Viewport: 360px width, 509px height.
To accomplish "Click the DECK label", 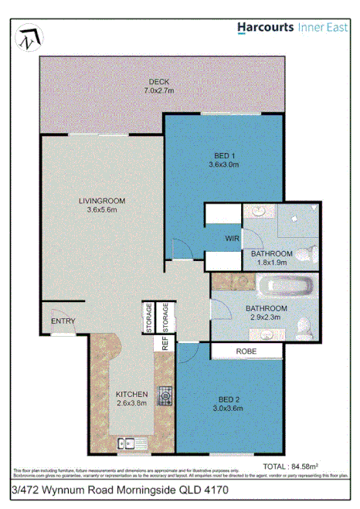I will pos(160,81).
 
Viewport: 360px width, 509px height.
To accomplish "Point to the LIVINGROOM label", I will pos(101,201).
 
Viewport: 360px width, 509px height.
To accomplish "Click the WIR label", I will pos(232,239).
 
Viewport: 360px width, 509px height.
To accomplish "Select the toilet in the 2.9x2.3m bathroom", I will pos(306,330).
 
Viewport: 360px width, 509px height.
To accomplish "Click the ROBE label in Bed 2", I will pos(246,351).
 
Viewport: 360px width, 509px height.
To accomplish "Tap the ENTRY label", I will pos(61,321).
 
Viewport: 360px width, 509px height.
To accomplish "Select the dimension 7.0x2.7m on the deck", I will pos(159,90).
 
